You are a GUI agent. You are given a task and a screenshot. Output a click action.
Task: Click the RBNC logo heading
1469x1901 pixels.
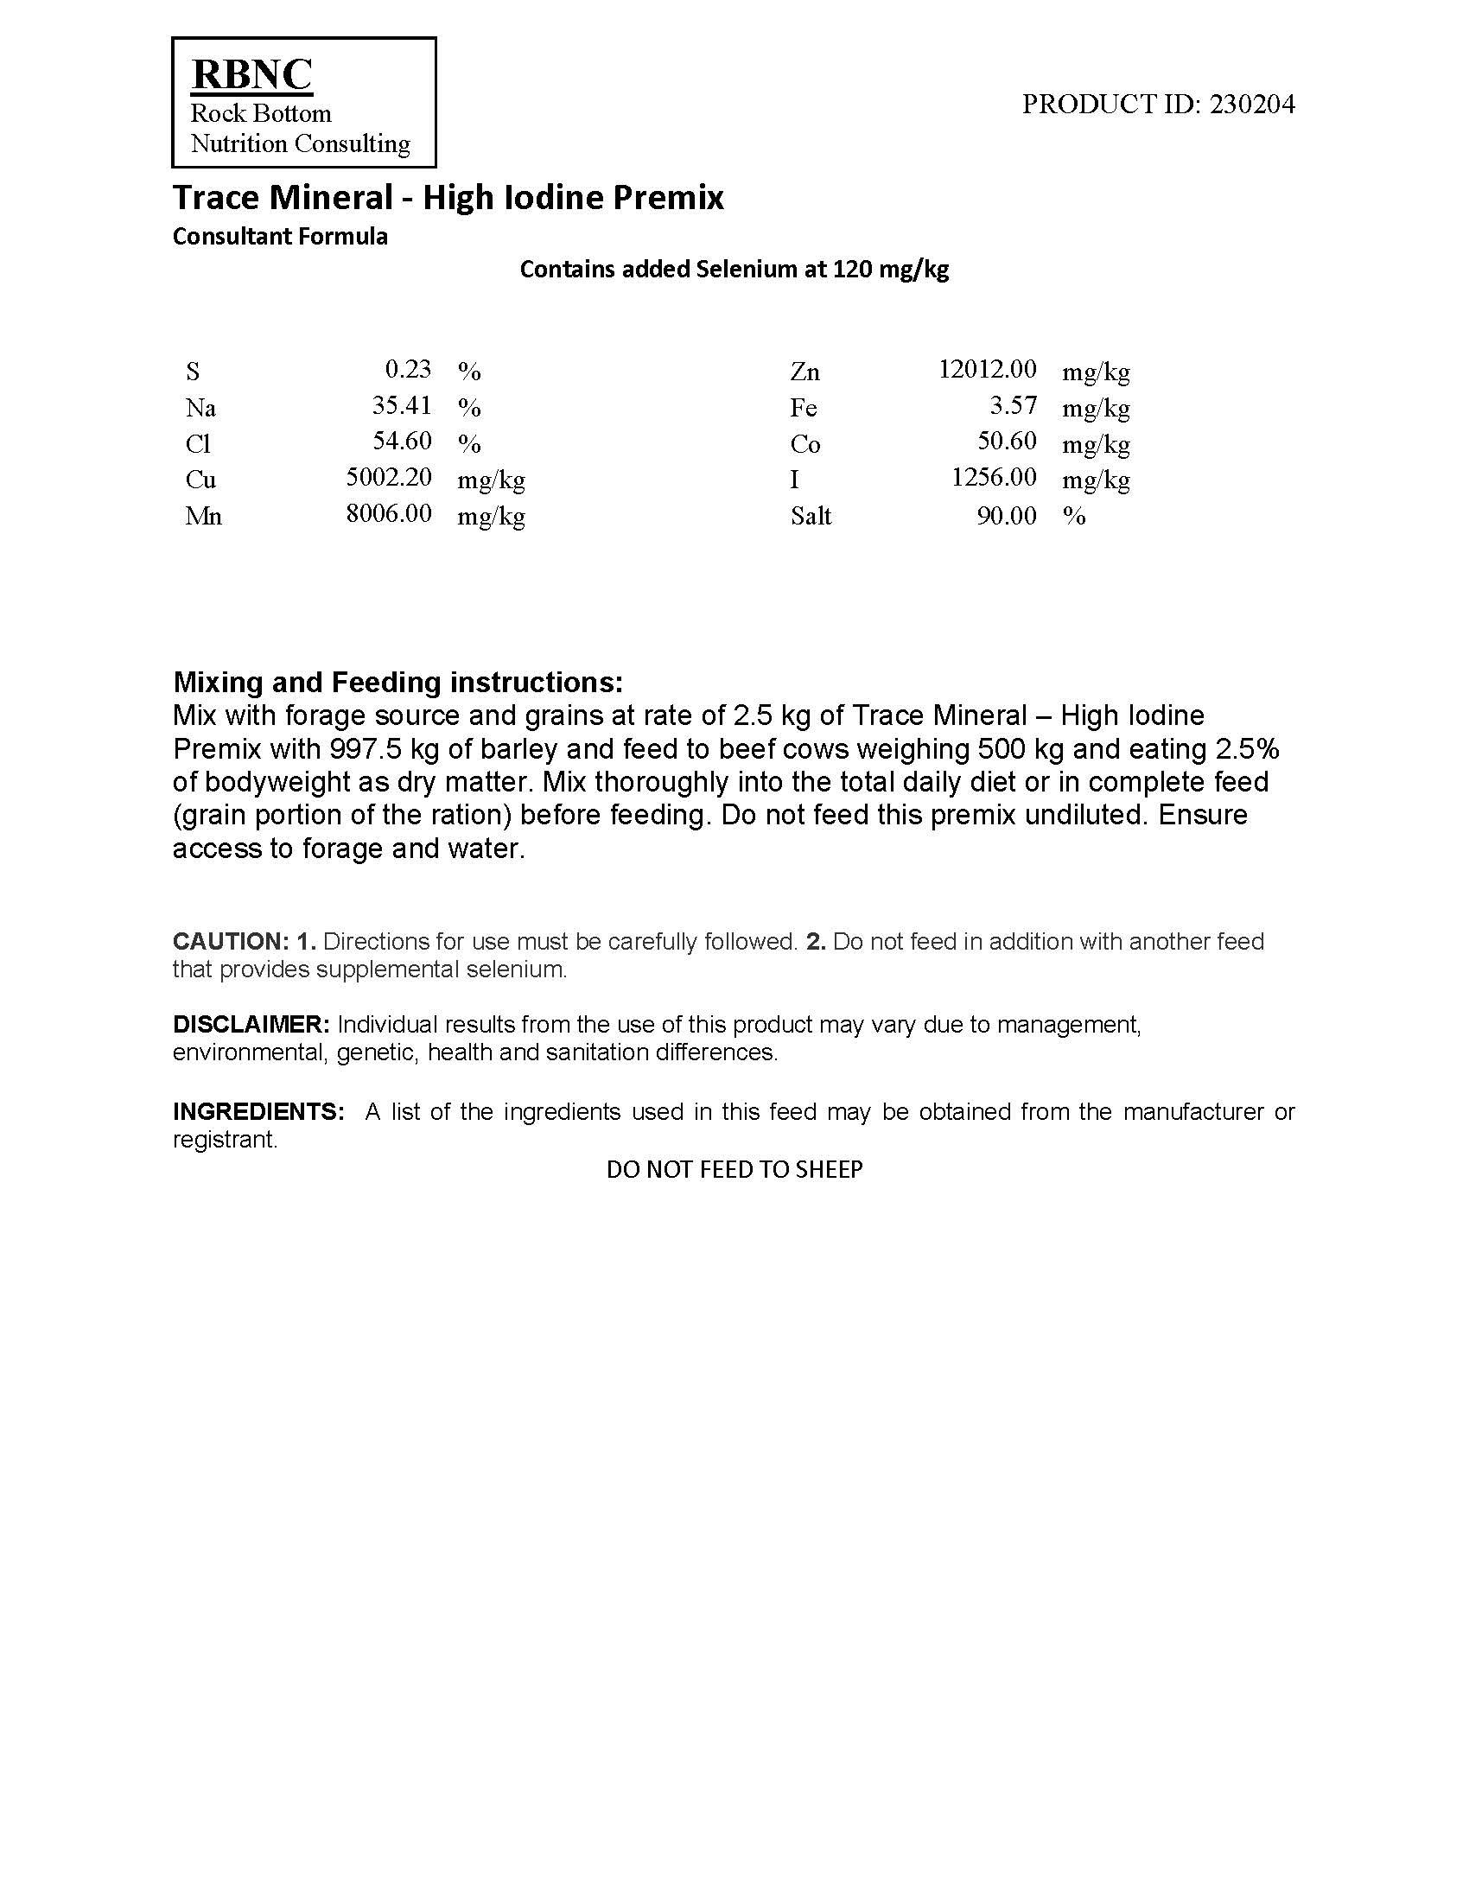251,74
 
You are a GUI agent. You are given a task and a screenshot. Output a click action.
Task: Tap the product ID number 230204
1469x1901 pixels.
1252,105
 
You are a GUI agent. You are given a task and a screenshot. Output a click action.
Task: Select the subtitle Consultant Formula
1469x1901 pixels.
279,237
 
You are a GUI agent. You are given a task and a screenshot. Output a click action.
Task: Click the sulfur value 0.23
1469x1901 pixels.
408,369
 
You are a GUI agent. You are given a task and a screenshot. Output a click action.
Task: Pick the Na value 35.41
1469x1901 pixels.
402,405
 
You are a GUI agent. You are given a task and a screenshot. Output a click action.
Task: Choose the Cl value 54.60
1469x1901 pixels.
402,442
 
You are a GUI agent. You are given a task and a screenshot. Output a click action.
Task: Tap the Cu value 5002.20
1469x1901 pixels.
389,478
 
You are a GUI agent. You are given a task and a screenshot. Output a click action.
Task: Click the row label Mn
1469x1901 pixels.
204,516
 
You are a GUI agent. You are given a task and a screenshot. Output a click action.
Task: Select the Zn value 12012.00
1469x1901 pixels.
988,369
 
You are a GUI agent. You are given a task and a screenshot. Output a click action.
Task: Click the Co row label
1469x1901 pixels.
805,444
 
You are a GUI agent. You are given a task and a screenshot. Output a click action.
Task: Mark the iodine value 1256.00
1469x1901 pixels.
994,478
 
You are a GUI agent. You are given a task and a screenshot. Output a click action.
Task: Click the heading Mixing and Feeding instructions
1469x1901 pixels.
397,682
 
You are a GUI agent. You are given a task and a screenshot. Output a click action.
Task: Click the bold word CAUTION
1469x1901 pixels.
230,942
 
